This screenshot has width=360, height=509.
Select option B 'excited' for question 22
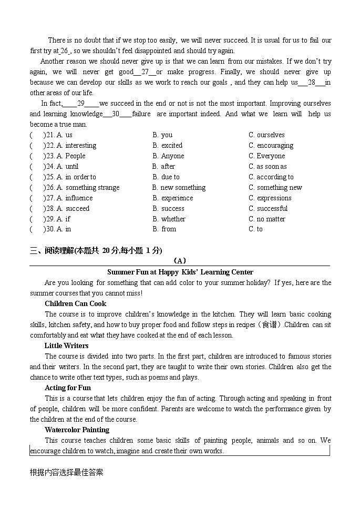[x=168, y=146]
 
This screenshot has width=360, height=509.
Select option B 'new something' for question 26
[x=179, y=188]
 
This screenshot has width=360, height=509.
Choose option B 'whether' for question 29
[x=169, y=219]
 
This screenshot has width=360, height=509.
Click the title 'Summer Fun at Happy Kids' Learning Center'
[x=180, y=272]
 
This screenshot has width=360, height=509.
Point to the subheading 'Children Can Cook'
[x=75, y=303]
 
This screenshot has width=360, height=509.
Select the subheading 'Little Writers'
[x=66, y=345]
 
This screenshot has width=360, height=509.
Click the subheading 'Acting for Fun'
[x=68, y=388]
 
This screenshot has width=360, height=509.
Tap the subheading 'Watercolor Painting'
[x=77, y=430]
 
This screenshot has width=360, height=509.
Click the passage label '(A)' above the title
[x=180, y=261]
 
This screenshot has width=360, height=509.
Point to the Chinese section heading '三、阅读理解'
[x=52, y=251]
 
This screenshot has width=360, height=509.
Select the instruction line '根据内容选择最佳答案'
[x=67, y=472]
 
